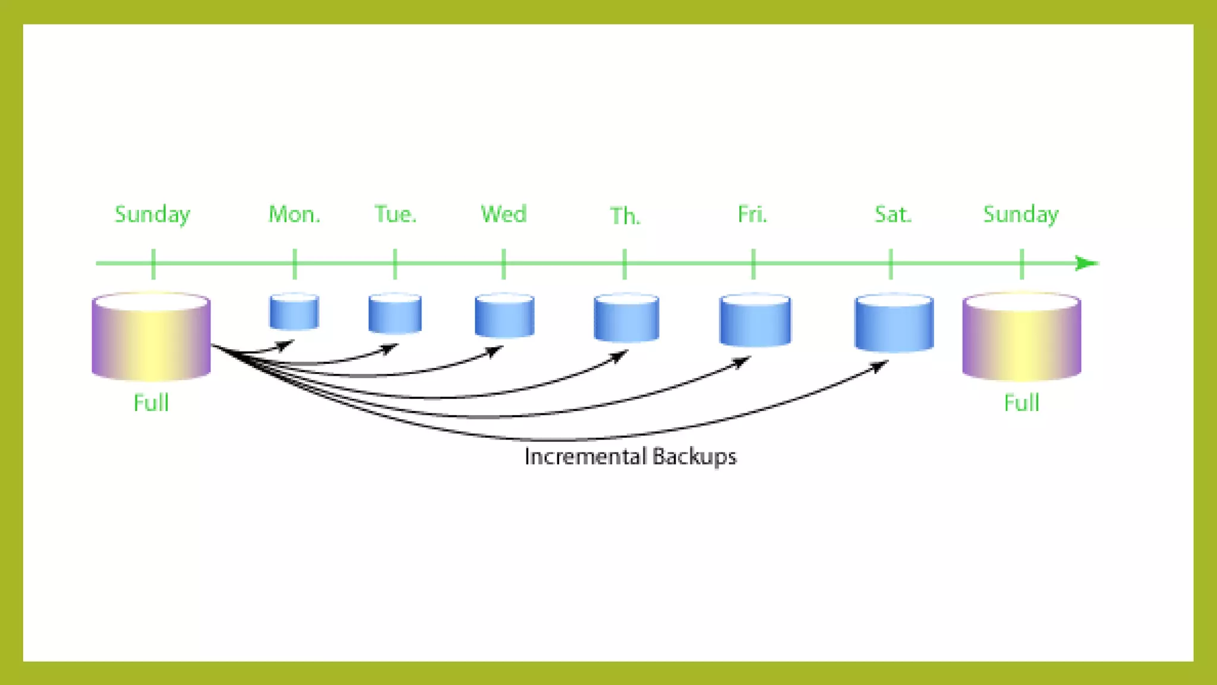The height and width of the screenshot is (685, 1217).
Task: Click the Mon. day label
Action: (294, 214)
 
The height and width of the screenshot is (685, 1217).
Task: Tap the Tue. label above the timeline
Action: (395, 214)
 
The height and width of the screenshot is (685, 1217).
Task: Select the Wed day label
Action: (503, 214)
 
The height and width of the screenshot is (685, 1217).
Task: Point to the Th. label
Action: (625, 216)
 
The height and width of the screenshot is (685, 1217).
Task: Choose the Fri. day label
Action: (752, 214)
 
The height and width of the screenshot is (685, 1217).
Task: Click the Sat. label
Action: (893, 214)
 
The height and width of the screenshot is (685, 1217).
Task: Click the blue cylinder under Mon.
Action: (294, 312)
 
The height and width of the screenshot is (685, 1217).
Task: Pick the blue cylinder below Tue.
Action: (395, 313)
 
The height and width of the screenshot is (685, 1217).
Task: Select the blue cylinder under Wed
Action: (505, 316)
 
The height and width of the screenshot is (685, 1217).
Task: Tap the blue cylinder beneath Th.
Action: (626, 318)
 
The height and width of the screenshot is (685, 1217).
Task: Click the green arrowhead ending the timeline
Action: (1087, 263)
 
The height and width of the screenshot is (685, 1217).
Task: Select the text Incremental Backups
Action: (630, 457)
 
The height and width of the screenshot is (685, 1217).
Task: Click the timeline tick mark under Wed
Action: (503, 263)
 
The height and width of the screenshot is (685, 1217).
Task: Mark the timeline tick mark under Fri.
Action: (753, 263)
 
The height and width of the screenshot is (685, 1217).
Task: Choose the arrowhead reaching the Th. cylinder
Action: (620, 356)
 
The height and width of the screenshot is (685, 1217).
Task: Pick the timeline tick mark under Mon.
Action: (295, 263)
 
